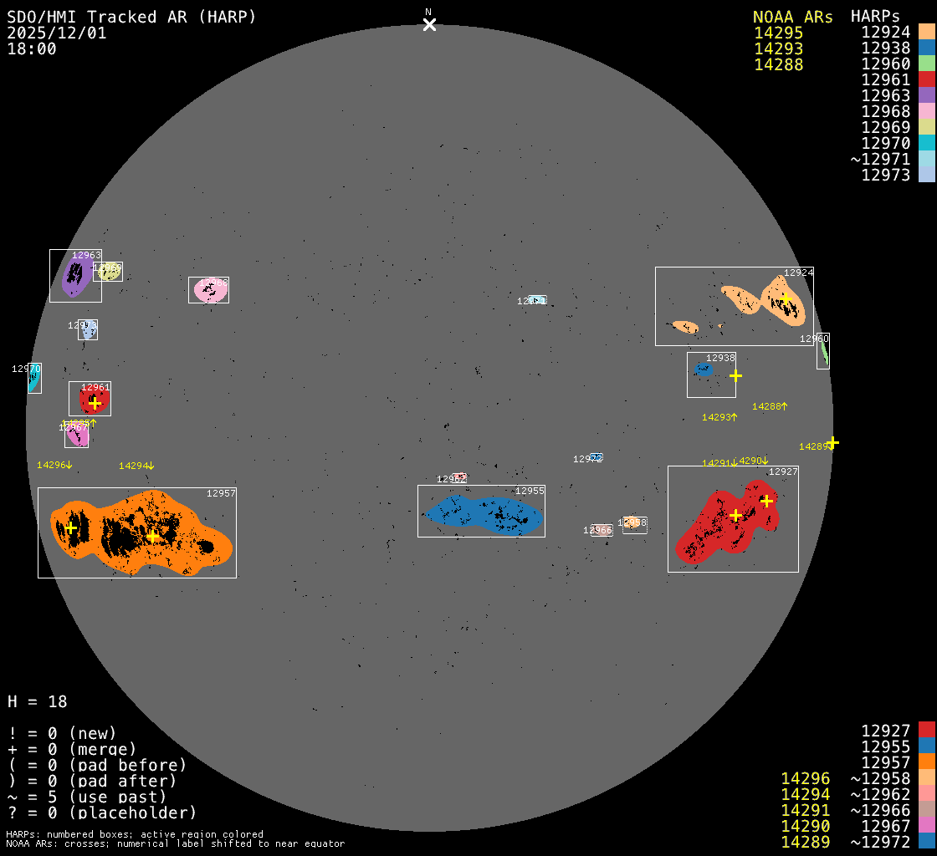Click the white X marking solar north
point(429,24)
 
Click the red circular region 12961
point(94,401)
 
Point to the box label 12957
point(221,494)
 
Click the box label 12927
point(783,472)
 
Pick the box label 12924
point(798,273)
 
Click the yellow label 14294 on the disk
point(136,466)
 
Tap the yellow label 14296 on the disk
point(54,465)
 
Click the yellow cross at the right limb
point(832,442)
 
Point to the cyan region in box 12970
point(33,380)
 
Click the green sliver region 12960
point(824,353)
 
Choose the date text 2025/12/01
point(57,33)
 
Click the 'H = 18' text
point(38,701)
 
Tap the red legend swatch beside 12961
point(926,79)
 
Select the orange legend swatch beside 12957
point(926,762)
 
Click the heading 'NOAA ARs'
point(792,17)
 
